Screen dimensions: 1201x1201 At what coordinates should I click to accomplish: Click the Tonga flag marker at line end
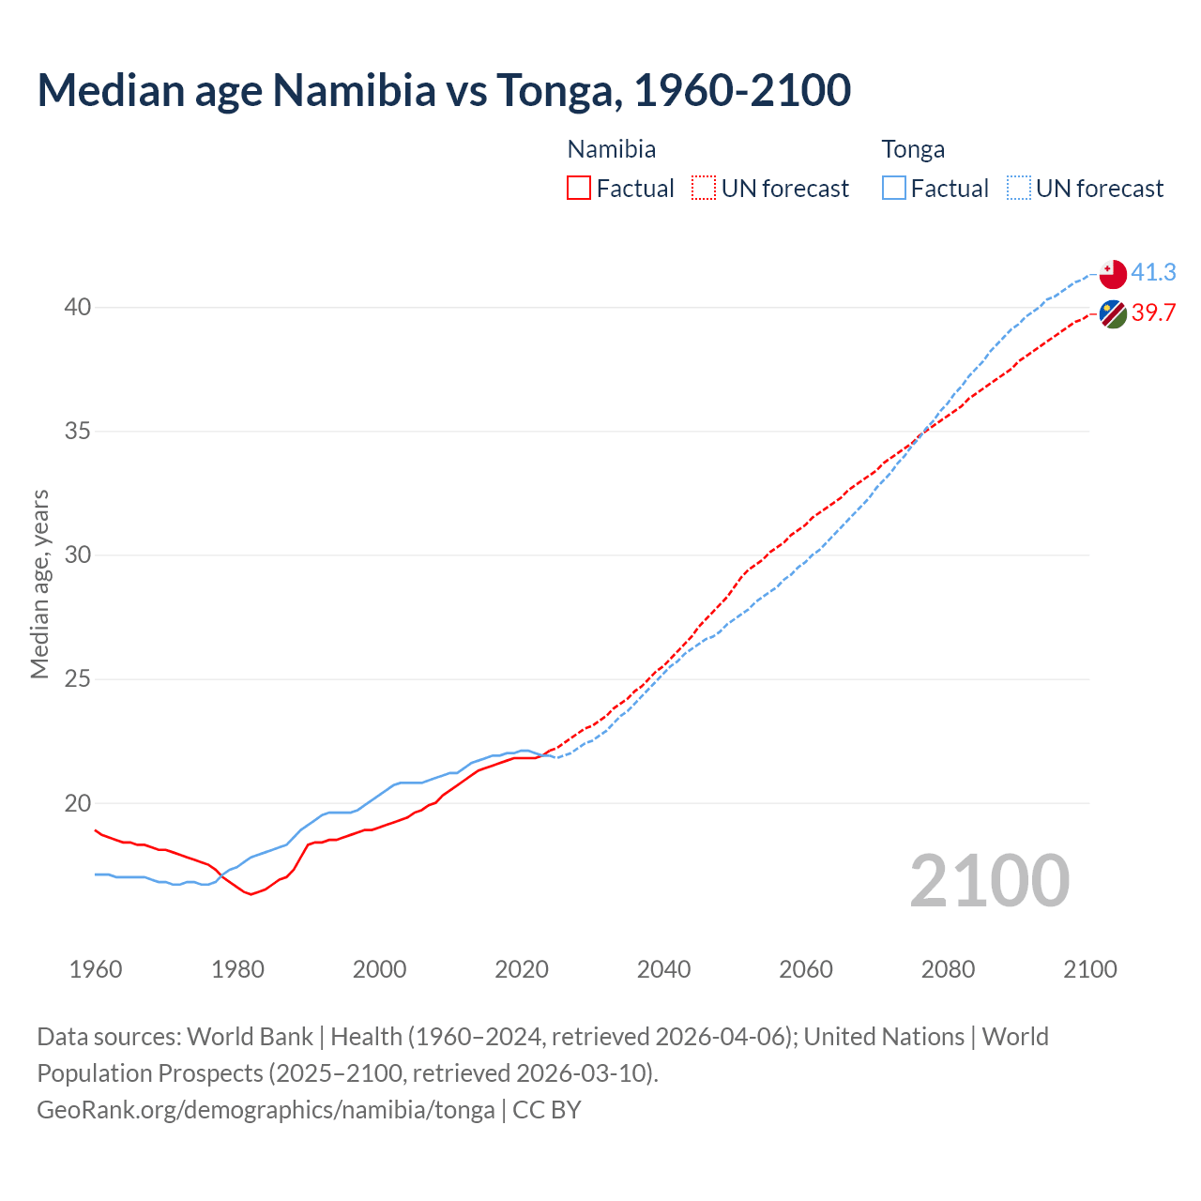point(1113,274)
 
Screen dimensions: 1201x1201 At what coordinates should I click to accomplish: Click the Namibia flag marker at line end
point(1113,314)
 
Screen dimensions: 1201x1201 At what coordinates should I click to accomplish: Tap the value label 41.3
point(1153,272)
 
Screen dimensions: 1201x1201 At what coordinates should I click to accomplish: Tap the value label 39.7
point(1153,312)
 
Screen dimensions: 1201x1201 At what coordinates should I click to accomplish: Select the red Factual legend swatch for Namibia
point(579,188)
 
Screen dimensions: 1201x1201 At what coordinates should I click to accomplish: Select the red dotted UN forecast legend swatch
point(704,188)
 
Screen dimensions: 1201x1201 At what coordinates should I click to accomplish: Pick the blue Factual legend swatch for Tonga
point(894,188)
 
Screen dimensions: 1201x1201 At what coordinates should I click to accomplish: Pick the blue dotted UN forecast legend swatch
point(1019,188)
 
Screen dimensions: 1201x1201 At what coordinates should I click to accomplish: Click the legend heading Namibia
point(612,149)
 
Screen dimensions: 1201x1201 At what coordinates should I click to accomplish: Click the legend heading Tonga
point(913,149)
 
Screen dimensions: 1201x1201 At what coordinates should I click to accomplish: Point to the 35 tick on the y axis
point(78,432)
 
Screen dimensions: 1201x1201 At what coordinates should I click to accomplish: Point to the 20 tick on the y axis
point(78,803)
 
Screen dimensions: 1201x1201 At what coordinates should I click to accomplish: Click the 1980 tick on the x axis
point(237,969)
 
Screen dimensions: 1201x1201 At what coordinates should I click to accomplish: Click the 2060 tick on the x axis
point(806,969)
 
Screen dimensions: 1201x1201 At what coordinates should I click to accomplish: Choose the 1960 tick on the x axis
point(96,969)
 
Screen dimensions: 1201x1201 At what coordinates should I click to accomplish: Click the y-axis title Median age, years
point(39,584)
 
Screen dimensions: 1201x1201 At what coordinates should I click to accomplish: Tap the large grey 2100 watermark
point(990,880)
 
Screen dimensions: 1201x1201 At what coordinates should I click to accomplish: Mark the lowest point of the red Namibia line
point(251,894)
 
